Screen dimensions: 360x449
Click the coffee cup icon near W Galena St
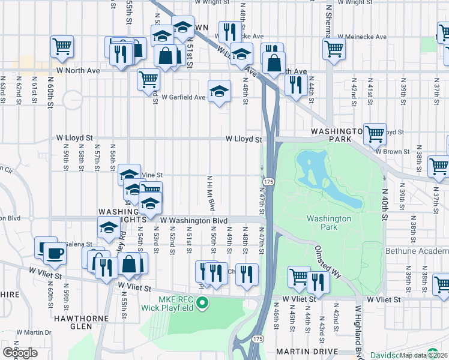(54, 252)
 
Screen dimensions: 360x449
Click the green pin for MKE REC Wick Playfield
(202, 302)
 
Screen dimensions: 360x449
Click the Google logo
(20, 352)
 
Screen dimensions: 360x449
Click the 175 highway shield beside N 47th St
(268, 181)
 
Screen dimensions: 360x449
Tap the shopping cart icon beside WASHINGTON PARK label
(375, 134)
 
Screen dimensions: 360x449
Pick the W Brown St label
(393, 152)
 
